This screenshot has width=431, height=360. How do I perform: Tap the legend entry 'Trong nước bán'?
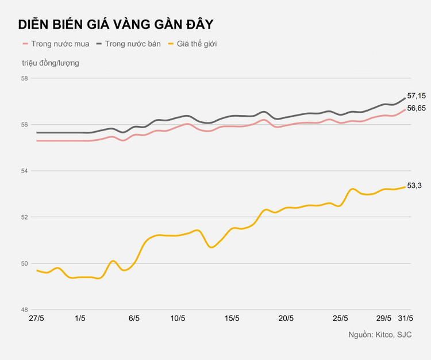[x=132, y=44]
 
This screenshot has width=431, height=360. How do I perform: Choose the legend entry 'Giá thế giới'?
[x=197, y=44]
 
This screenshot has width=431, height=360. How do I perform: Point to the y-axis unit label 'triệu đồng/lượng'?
[x=51, y=63]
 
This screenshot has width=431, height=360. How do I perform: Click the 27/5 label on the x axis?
[x=37, y=319]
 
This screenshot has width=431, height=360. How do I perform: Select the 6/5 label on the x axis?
[x=134, y=319]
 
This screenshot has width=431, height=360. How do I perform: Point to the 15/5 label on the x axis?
[x=232, y=319]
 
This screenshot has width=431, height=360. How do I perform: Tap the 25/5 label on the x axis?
[x=340, y=319]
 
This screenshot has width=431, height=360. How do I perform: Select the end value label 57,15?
[x=416, y=95]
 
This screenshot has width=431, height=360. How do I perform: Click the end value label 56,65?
[x=416, y=108]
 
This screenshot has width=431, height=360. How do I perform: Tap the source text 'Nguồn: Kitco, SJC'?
[x=380, y=335]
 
